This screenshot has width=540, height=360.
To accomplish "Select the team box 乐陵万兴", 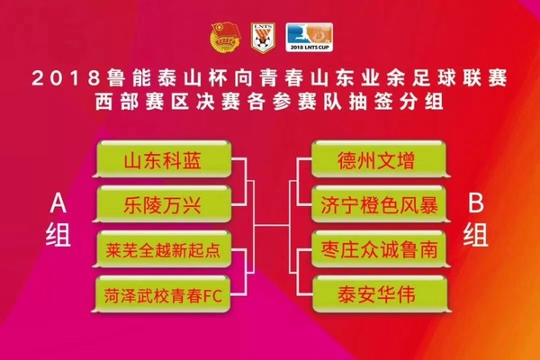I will tap(168, 205).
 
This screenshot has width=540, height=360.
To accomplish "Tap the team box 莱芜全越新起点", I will tap(168, 248).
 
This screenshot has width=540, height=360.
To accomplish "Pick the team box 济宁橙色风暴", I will tap(377, 205).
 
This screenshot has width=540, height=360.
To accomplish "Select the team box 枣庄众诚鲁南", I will tap(377, 248).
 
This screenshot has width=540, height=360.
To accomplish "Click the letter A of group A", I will tap(56, 205).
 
